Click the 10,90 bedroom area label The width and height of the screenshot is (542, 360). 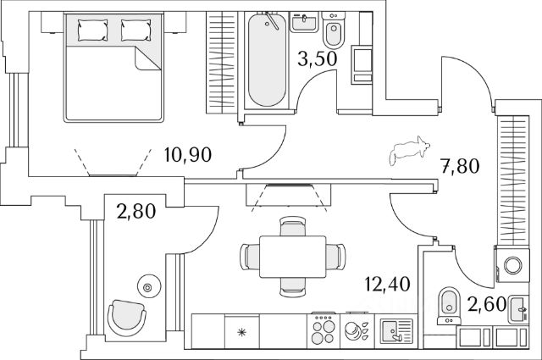click(x=188, y=154)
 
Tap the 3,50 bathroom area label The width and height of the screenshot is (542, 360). click(x=317, y=58)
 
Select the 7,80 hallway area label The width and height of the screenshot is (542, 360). click(x=460, y=166)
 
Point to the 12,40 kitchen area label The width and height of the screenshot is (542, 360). click(x=388, y=284)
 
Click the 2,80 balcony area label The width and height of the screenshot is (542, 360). click(x=136, y=211)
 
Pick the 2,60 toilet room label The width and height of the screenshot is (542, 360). click(x=487, y=304)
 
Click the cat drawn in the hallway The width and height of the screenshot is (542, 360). click(x=410, y=150)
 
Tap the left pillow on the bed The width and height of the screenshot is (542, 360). click(x=92, y=30)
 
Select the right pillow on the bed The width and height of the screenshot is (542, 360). click(x=135, y=30)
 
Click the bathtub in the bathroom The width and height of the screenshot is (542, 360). click(x=268, y=60)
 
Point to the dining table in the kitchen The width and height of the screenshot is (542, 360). click(x=293, y=257)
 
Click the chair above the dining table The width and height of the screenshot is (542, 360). click(x=293, y=226)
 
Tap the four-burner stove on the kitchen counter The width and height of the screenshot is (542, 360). click(x=324, y=331)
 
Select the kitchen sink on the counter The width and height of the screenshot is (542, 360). click(x=396, y=331)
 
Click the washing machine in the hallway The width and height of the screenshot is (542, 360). click(x=512, y=264)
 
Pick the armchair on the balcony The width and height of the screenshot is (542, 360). click(x=126, y=318)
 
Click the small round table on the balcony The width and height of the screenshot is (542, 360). click(x=149, y=286)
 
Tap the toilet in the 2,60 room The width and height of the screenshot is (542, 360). click(x=449, y=306)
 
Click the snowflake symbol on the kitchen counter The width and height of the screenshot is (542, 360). click(x=241, y=333)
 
